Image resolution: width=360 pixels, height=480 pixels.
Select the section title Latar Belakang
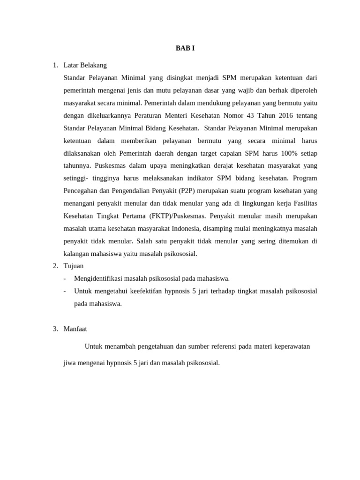(85, 65)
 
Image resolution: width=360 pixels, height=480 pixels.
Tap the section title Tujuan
(74, 266)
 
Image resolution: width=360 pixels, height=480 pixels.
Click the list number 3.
(55, 329)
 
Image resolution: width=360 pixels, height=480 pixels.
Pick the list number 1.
(55, 65)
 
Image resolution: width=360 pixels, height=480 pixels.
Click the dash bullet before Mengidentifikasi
(65, 278)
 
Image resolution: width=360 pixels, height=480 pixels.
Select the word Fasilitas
(305, 203)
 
